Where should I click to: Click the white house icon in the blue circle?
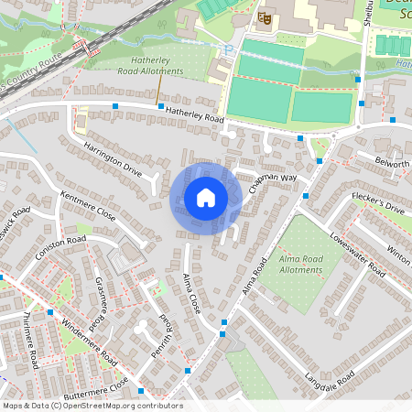[205, 197]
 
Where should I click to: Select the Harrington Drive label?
[114, 157]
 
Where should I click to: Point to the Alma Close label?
[191, 294]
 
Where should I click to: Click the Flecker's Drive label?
[381, 208]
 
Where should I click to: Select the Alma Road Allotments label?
[300, 265]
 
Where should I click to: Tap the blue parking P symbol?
[227, 51]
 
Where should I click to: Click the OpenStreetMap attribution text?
[92, 406]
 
